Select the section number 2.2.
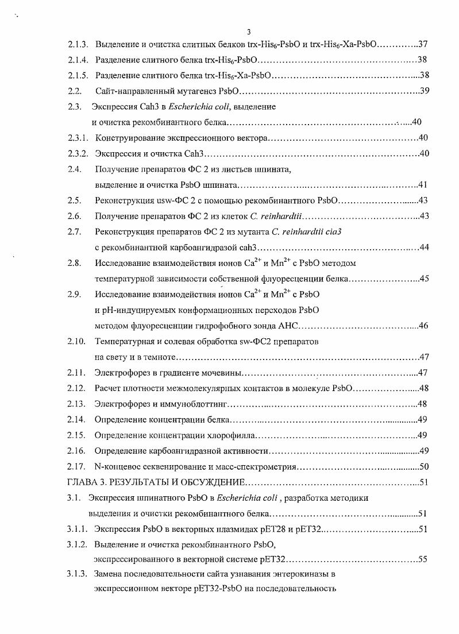tap(75, 91)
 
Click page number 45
tap(425, 279)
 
